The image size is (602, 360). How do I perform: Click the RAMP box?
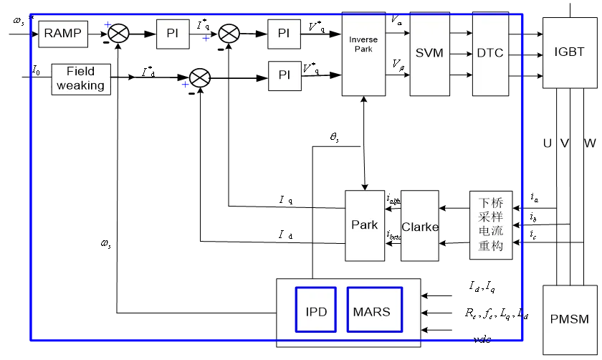click(x=63, y=34)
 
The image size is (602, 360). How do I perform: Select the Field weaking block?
click(x=81, y=79)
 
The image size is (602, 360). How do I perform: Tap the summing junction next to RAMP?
click(x=118, y=33)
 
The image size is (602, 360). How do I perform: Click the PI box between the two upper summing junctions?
click(x=173, y=34)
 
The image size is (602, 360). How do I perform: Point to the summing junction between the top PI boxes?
click(x=229, y=34)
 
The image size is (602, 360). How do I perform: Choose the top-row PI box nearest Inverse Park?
click(x=284, y=34)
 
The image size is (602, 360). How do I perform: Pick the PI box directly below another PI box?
click(x=284, y=75)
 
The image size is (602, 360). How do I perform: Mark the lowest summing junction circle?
click(x=199, y=78)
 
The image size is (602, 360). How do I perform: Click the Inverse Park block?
click(x=363, y=54)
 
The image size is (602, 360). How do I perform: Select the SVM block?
click(x=429, y=54)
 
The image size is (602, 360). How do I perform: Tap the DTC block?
click(x=490, y=54)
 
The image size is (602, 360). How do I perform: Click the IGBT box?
click(x=569, y=52)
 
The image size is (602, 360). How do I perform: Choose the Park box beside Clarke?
click(x=364, y=225)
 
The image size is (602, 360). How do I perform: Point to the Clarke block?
click(x=419, y=226)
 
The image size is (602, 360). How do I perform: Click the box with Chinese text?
click(x=491, y=225)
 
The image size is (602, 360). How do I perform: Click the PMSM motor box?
click(x=569, y=319)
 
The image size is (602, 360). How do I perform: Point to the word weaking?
click(x=81, y=85)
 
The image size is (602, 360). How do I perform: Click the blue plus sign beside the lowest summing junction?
click(x=185, y=85)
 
